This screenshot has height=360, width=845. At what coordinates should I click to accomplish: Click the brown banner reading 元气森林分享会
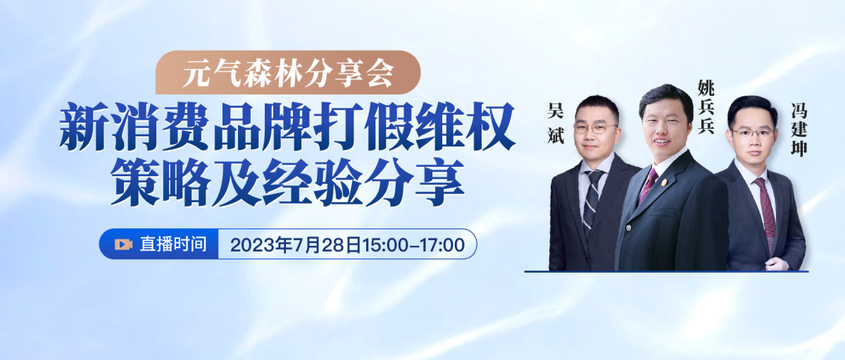288,72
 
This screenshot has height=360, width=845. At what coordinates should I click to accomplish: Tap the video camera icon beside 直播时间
123,244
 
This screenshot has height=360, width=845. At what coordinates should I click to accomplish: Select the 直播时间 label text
173,244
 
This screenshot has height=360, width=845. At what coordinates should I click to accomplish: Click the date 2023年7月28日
296,245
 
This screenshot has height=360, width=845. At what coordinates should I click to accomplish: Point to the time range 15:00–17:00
414,245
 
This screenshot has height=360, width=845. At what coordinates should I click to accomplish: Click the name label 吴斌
556,123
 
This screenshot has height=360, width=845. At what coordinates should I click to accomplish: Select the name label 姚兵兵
706,106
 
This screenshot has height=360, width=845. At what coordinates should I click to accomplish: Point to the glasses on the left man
596,128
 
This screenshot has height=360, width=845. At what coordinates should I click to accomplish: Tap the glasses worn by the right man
753,132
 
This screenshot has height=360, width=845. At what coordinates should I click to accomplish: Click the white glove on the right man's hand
776,263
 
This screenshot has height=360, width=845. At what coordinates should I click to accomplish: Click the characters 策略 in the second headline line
161,181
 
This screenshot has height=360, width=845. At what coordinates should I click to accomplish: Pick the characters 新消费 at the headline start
134,125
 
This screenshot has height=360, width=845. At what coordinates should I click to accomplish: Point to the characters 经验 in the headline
313,181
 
